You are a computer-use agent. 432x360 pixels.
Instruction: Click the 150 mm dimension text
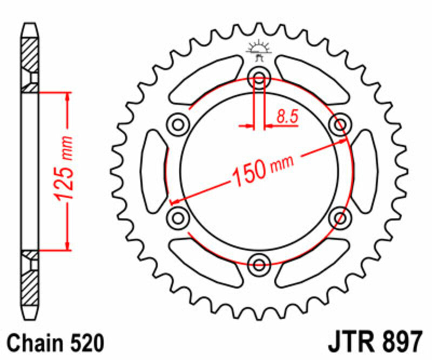tap(263, 168)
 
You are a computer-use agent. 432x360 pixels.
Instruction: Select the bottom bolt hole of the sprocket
tap(259, 264)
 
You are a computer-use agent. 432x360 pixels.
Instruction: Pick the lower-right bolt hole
tap(340, 218)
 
